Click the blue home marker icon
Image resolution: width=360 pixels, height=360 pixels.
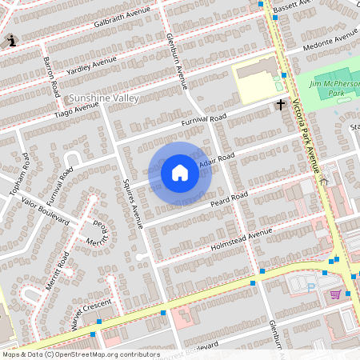point(180,173)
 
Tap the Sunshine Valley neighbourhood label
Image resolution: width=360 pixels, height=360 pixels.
point(104,98)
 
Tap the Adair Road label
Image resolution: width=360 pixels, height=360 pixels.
point(217,160)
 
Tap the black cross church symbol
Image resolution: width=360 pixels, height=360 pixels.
point(281,104)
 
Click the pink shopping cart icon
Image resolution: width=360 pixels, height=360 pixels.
point(335,294)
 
